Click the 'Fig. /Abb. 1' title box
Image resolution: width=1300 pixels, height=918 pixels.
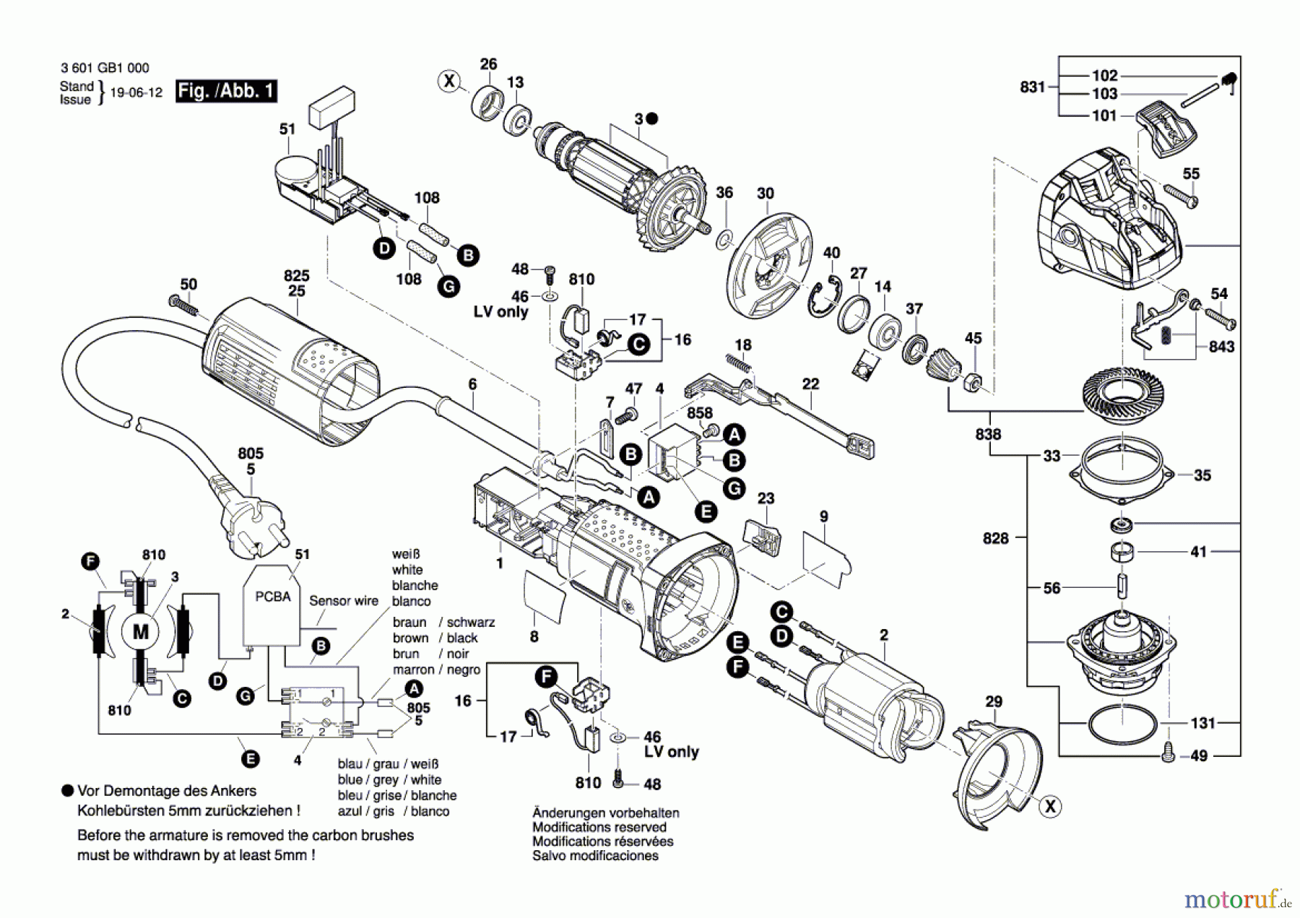point(226,91)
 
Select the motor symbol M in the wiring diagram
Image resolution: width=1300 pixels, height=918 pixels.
point(140,632)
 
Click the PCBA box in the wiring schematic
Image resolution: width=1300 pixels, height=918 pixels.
point(272,605)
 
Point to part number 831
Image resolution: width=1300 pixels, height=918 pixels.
point(1032,87)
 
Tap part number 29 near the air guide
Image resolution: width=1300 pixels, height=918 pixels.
point(994,701)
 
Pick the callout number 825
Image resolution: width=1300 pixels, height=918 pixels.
point(296,276)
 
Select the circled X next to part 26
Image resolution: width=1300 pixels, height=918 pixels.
point(449,81)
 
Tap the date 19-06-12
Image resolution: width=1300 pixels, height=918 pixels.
point(136,93)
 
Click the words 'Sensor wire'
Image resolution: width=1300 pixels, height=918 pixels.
point(343,601)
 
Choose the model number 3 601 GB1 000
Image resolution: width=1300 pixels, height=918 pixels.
point(105,68)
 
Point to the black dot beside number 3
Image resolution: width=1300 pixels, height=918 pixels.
point(651,118)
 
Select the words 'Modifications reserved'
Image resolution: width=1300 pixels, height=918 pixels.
point(599,827)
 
